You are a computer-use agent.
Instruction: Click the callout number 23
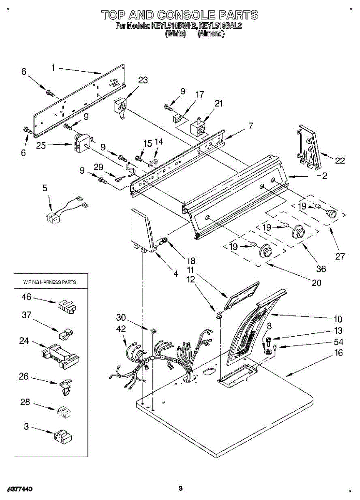click(143, 80)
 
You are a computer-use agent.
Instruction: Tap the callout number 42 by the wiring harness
click(121, 328)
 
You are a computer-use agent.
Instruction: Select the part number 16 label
click(338, 353)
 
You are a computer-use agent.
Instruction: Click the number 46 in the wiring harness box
click(26, 297)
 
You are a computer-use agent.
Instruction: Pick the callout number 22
click(340, 160)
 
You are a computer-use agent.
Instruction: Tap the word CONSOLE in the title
click(180, 15)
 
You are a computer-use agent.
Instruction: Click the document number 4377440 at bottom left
click(20, 488)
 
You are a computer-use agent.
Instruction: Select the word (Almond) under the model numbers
click(211, 34)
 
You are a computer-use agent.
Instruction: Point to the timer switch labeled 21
click(198, 127)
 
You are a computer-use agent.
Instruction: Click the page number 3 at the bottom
click(180, 488)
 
